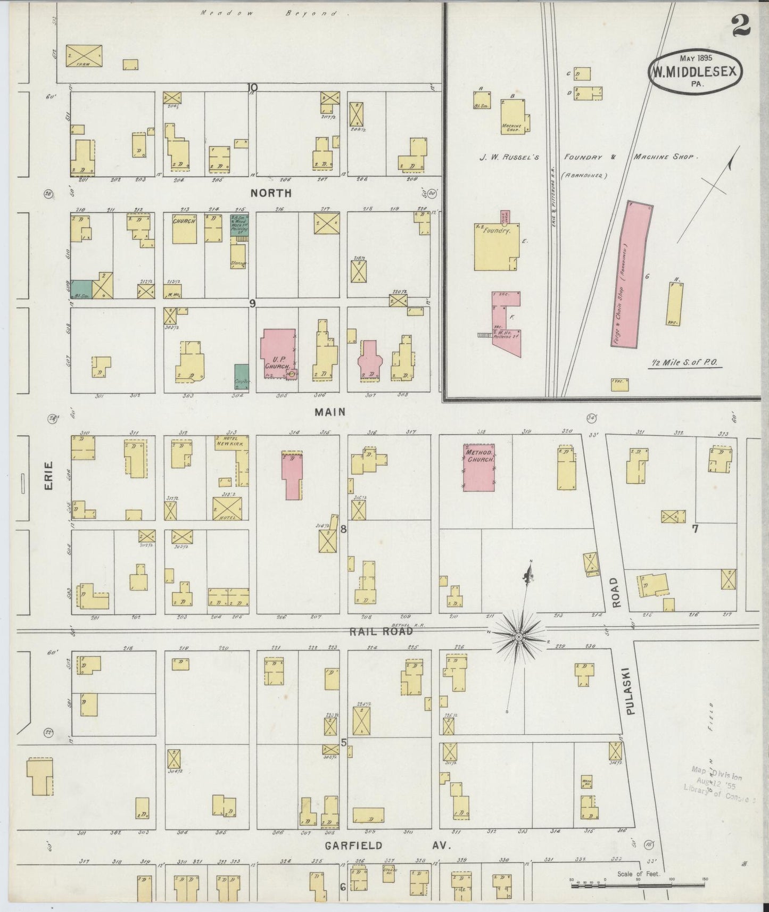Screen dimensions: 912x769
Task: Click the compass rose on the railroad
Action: [x=518, y=636]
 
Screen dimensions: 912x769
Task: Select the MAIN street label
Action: [x=330, y=411]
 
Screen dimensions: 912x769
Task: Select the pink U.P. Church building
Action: [x=277, y=351]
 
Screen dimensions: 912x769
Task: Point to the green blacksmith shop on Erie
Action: [x=82, y=288]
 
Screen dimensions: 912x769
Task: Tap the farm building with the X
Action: [x=84, y=55]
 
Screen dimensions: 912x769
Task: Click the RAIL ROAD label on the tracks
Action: [x=381, y=631]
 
